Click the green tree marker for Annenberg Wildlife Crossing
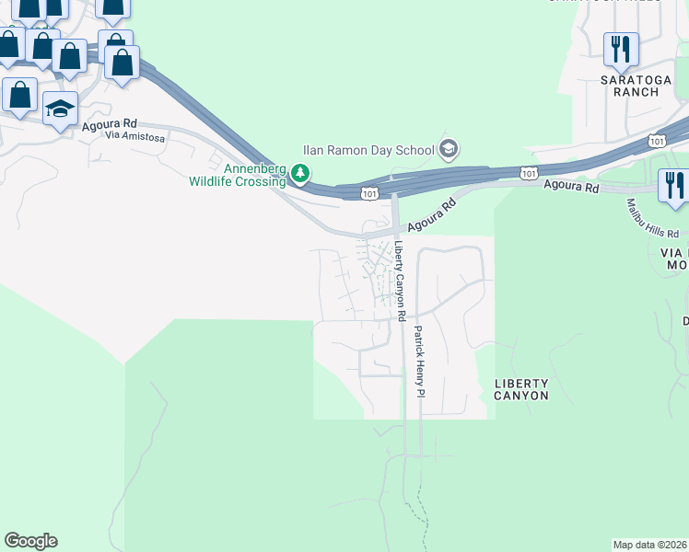[x=299, y=172]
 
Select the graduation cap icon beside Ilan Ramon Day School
[x=449, y=149]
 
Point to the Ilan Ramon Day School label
[x=369, y=150]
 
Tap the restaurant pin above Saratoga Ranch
[x=620, y=49]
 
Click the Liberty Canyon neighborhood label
[x=521, y=389]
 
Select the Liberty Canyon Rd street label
[x=401, y=281]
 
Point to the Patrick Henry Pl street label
[x=418, y=361]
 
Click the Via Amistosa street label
[x=134, y=136]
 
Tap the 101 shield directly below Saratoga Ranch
[x=656, y=141]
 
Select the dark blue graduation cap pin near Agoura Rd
[x=61, y=109]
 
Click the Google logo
[x=30, y=541]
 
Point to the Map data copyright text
[x=650, y=545]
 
